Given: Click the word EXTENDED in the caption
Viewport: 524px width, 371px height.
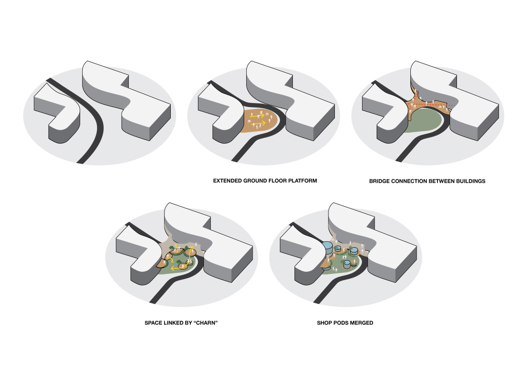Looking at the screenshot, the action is [x=227, y=181].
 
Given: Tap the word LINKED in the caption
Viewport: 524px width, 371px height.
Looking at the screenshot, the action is [x=174, y=323].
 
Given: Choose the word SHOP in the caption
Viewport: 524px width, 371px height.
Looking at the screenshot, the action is [x=324, y=323].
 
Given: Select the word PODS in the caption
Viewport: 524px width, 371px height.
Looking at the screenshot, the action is [x=341, y=323].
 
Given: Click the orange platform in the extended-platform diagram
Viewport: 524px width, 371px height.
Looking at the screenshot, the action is [x=260, y=121].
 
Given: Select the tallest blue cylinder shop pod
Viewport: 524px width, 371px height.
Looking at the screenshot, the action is [x=328, y=249].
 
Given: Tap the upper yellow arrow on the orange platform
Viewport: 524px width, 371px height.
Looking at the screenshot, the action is [x=257, y=116].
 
